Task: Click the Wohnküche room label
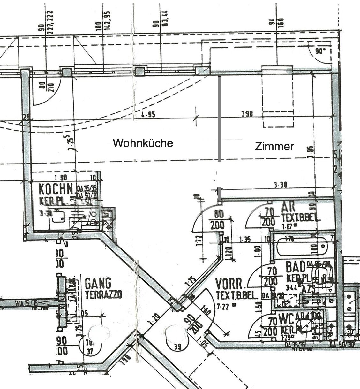(x=143, y=143)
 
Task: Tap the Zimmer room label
(x=274, y=147)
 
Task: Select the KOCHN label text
(x=56, y=189)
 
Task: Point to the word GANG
(x=98, y=283)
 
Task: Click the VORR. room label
(x=231, y=284)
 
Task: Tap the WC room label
(x=285, y=318)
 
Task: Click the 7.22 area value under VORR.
(x=223, y=307)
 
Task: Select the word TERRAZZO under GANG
(x=103, y=294)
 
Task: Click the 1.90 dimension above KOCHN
(x=60, y=178)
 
